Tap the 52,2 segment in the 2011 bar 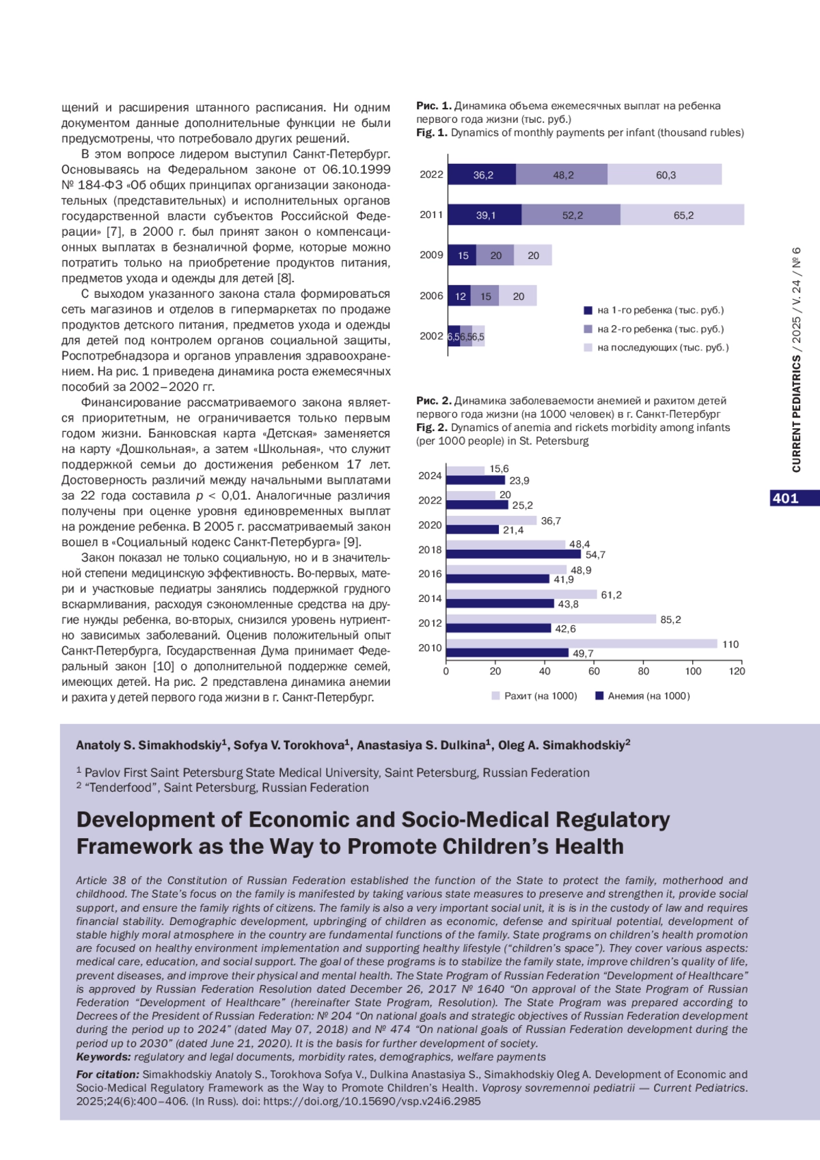pos(571,215)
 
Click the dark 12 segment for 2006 pos(460,296)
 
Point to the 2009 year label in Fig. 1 pos(431,255)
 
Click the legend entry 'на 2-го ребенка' pos(659,329)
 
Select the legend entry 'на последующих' pos(662,347)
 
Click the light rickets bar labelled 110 pos(582,644)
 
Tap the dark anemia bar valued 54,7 pos(513,554)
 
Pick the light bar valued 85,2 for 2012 pos(551,619)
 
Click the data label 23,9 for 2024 pos(519,481)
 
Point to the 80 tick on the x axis pos(644,671)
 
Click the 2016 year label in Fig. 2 pos(430,574)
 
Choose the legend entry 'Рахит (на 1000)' pos(540,696)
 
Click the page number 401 pos(785,498)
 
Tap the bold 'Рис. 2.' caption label pos(434,401)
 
